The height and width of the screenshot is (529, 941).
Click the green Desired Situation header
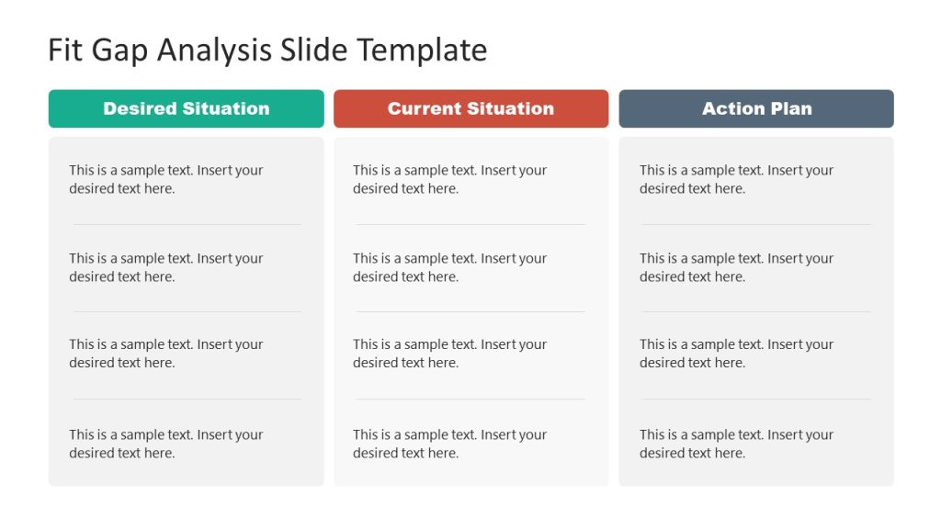click(x=186, y=108)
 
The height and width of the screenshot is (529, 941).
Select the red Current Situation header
click(x=470, y=108)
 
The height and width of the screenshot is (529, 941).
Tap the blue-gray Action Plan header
click(x=756, y=108)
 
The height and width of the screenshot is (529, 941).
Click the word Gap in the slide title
click(x=122, y=50)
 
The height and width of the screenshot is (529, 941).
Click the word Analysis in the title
click(x=216, y=50)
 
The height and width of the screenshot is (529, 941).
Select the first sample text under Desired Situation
click(x=165, y=179)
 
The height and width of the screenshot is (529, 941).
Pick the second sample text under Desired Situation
click(x=165, y=267)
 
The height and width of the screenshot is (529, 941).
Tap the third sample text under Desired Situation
click(x=165, y=354)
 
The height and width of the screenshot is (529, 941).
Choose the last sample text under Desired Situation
click(x=165, y=444)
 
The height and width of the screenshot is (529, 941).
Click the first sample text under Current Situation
click(x=449, y=179)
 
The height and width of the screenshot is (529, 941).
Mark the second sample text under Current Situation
click(x=449, y=267)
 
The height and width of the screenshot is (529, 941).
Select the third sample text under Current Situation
click(x=449, y=354)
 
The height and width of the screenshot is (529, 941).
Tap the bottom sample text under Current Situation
click(x=449, y=444)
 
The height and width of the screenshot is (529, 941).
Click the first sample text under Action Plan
click(x=736, y=179)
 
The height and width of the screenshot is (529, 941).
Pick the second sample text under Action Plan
click(x=736, y=267)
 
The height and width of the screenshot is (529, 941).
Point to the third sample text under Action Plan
click(x=736, y=354)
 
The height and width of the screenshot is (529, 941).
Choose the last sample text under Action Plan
click(x=736, y=444)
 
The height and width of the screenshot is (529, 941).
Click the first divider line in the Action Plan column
click(x=756, y=224)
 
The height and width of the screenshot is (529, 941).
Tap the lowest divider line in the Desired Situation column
click(x=187, y=399)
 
